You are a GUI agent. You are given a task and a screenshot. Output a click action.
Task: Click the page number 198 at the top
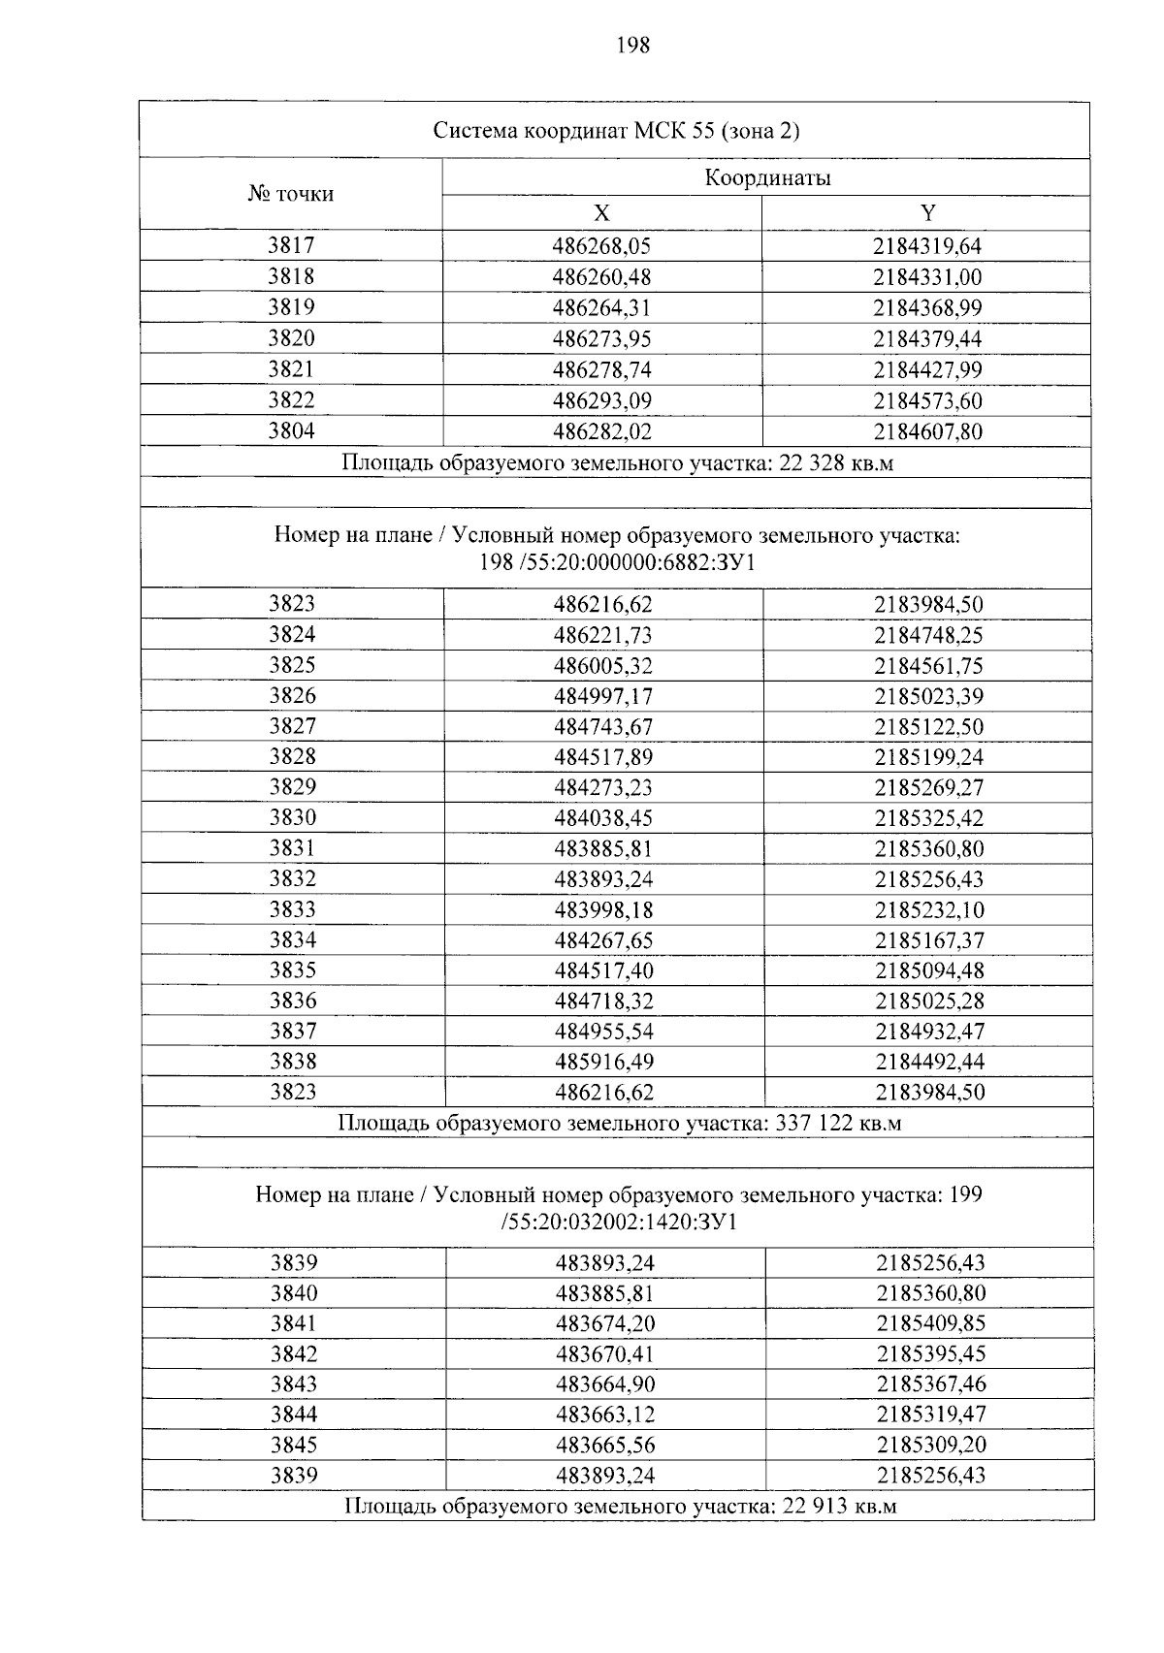point(631,45)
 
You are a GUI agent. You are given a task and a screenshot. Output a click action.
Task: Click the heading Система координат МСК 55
point(616,131)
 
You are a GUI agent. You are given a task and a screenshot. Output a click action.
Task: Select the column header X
point(601,214)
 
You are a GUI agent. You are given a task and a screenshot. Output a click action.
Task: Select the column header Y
point(927,214)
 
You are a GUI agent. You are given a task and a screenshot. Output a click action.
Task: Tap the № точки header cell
point(291,194)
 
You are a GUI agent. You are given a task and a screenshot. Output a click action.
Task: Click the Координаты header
point(766,178)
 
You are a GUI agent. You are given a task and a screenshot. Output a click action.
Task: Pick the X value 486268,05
point(601,246)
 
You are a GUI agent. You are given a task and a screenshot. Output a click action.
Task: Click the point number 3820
point(291,338)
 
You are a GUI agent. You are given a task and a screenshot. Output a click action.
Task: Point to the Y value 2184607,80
point(927,431)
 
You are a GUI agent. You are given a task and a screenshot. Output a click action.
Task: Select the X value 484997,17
point(602,696)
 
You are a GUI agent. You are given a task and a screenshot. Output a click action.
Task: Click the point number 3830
point(293,817)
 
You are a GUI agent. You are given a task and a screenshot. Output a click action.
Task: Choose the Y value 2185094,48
point(929,970)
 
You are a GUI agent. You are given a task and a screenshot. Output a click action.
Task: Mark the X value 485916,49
point(603,1062)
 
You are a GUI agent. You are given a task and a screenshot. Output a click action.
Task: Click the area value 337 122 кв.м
point(840,1123)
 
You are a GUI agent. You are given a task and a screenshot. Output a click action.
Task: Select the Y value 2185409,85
point(931,1323)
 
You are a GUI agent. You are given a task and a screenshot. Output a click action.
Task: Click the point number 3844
point(294,1415)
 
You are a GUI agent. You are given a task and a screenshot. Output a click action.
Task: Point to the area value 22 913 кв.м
point(838,1506)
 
